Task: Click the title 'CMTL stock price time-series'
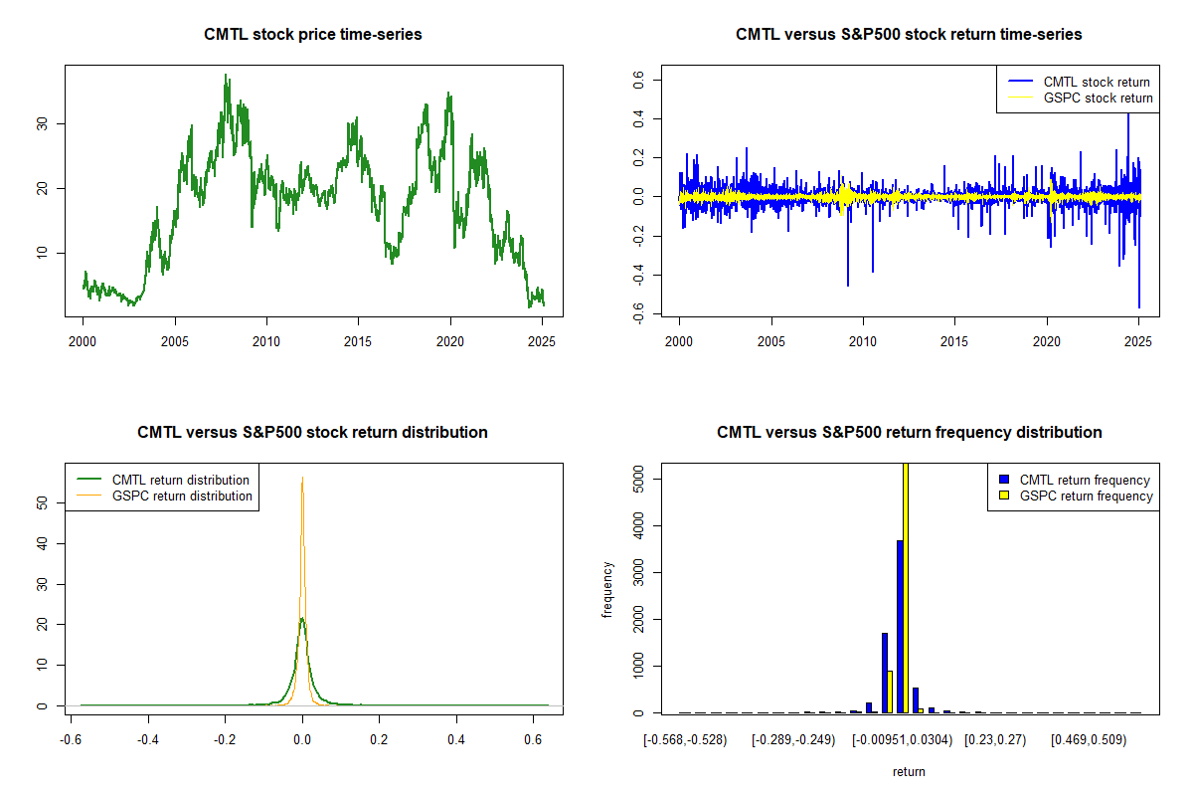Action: (x=312, y=34)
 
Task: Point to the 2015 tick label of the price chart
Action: (x=357, y=341)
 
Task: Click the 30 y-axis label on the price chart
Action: (x=42, y=124)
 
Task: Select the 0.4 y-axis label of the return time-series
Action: (x=638, y=118)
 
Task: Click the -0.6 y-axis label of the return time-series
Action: (x=638, y=313)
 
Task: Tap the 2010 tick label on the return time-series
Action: (x=863, y=341)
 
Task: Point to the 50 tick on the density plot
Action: (x=42, y=502)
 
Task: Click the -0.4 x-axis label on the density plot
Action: (x=148, y=739)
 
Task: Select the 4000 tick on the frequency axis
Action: (x=638, y=525)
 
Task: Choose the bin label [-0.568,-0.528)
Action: (x=685, y=740)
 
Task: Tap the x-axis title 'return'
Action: (x=909, y=771)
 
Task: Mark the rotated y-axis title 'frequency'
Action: (x=607, y=590)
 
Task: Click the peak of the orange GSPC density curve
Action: (x=302, y=478)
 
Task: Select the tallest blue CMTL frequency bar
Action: (x=900, y=627)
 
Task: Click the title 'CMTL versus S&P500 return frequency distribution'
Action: (x=909, y=432)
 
